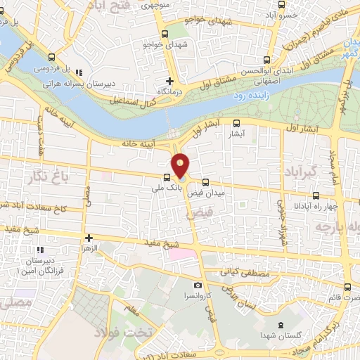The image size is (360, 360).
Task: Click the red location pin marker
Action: [x=181, y=165]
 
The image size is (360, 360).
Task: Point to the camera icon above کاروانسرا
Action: [x=198, y=285]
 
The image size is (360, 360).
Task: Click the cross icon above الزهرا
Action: [x=89, y=238]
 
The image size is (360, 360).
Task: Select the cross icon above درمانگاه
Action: [x=169, y=81]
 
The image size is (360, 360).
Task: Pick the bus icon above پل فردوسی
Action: [x=51, y=58]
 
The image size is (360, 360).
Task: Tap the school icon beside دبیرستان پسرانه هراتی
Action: [x=79, y=72]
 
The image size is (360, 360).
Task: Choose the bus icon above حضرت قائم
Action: [x=347, y=287]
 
